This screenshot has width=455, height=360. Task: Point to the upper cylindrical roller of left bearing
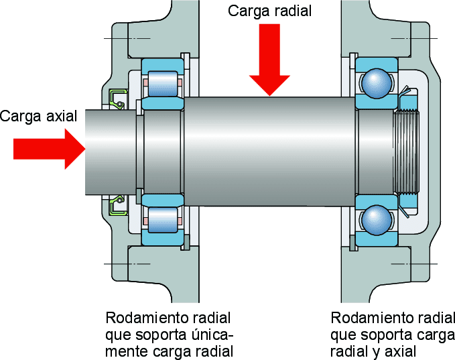tap(162, 84)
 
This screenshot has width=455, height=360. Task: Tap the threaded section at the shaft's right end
tap(407, 152)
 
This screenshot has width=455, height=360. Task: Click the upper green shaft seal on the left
tap(119, 97)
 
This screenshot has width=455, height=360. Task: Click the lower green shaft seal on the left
tap(119, 205)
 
